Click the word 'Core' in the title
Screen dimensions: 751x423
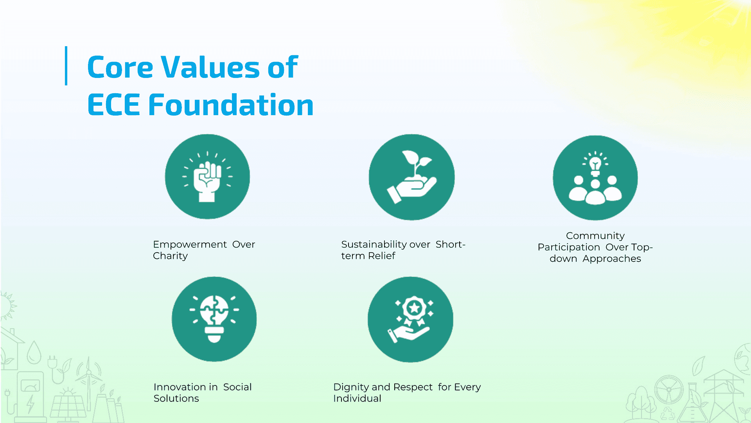coord(120,67)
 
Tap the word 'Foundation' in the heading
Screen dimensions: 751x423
coord(231,105)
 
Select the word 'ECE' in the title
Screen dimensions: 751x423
coord(113,105)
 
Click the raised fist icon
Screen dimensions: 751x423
coord(207,177)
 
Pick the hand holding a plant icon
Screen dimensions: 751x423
coord(411,177)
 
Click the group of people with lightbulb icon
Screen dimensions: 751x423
coord(595,178)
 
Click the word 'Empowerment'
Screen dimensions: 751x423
coord(190,244)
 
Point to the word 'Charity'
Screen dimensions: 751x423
coord(170,256)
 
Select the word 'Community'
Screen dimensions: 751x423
coord(595,236)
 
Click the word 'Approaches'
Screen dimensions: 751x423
coord(612,258)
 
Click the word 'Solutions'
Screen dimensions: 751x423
coord(176,398)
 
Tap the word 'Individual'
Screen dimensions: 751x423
coord(357,398)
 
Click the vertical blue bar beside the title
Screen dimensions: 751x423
coord(66,66)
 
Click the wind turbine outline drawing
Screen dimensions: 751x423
coord(89,384)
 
